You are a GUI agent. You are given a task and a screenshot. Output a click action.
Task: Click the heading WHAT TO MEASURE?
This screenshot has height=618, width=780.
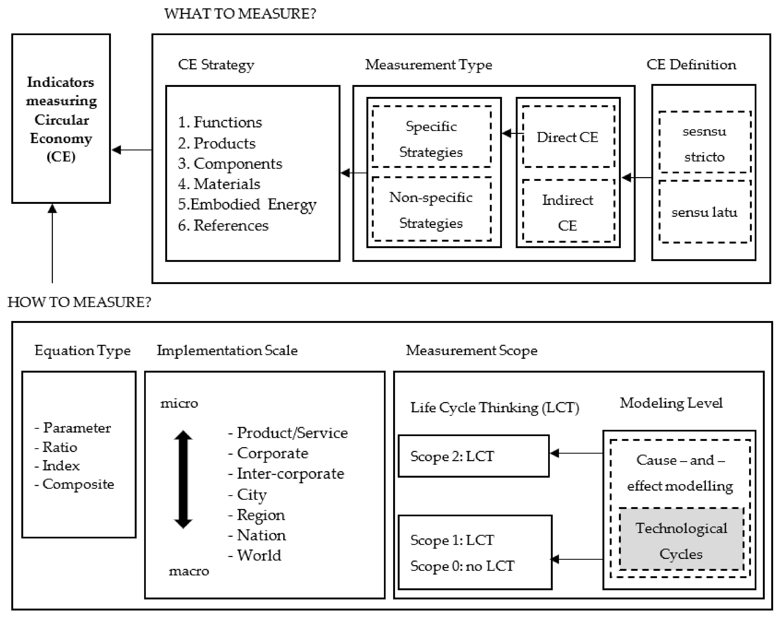(240, 14)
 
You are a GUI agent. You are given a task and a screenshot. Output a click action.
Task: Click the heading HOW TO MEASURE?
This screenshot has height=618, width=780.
(79, 302)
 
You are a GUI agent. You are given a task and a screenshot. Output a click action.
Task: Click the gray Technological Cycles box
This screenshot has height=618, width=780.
(681, 540)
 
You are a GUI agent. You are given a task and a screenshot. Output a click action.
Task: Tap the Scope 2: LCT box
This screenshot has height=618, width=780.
(473, 456)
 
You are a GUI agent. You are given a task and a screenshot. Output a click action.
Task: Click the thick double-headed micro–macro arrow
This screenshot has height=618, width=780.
(183, 479)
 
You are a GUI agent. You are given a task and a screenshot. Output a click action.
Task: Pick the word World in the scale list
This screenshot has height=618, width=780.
(259, 555)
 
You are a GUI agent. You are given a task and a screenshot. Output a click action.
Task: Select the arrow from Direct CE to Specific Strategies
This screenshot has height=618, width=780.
(512, 133)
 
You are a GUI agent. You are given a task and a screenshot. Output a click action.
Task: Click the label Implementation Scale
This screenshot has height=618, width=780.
(227, 350)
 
